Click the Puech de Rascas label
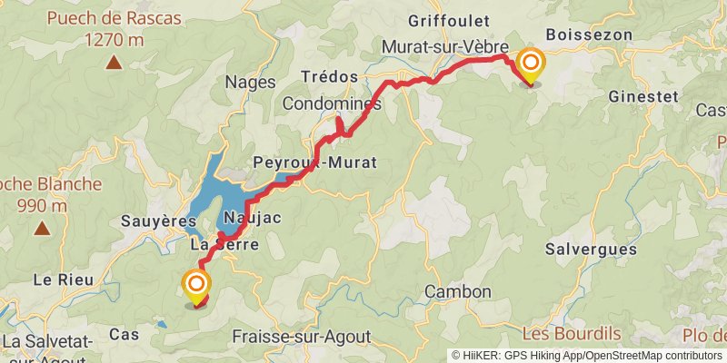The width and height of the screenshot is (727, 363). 115,18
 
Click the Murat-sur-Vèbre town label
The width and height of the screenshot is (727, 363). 445,45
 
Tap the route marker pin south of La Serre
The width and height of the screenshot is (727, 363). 196,287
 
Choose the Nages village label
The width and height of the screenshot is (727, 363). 252,83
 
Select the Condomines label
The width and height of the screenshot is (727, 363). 331,104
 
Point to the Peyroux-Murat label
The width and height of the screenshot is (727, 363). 314,163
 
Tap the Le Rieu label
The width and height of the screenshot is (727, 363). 64,280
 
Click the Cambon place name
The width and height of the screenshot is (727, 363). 458,292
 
